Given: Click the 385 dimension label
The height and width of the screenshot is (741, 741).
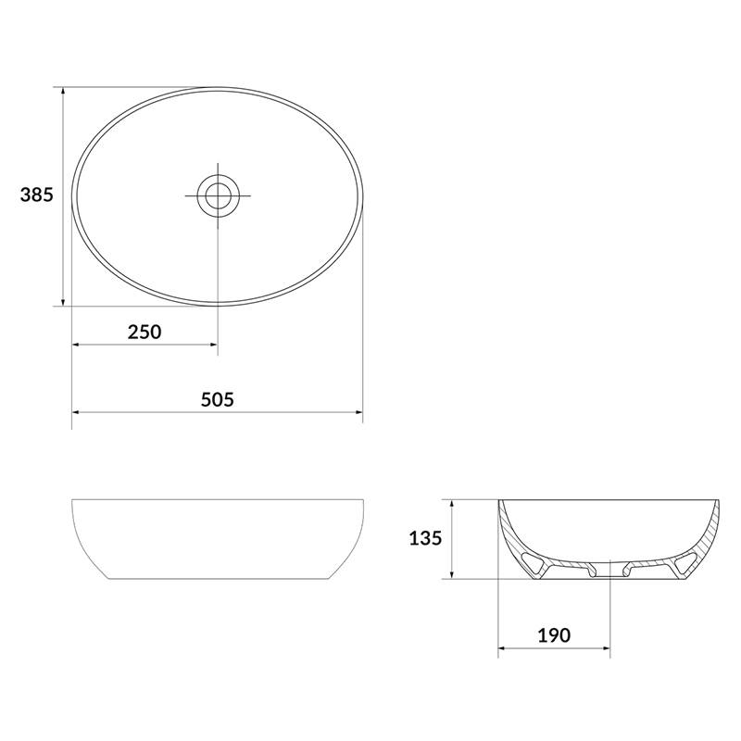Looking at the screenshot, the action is tap(37, 195).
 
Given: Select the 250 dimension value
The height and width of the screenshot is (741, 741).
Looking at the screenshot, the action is tap(144, 332).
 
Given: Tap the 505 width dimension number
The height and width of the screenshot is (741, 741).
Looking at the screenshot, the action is tap(218, 400).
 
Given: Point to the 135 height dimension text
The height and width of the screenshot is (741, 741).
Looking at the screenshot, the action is tap(425, 538).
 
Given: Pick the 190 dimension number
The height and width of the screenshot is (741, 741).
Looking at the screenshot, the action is tap(554, 635).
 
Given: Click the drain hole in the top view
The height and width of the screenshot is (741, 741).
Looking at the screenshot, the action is tap(218, 195).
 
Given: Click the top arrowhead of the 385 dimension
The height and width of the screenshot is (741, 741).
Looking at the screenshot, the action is tap(63, 92).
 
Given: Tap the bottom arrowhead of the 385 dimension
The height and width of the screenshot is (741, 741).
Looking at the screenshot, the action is tap(63, 301).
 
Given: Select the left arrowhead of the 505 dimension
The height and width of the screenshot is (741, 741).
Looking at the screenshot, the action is tap(77, 412).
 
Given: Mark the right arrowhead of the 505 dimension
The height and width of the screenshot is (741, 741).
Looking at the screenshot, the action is tap(358, 412).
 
